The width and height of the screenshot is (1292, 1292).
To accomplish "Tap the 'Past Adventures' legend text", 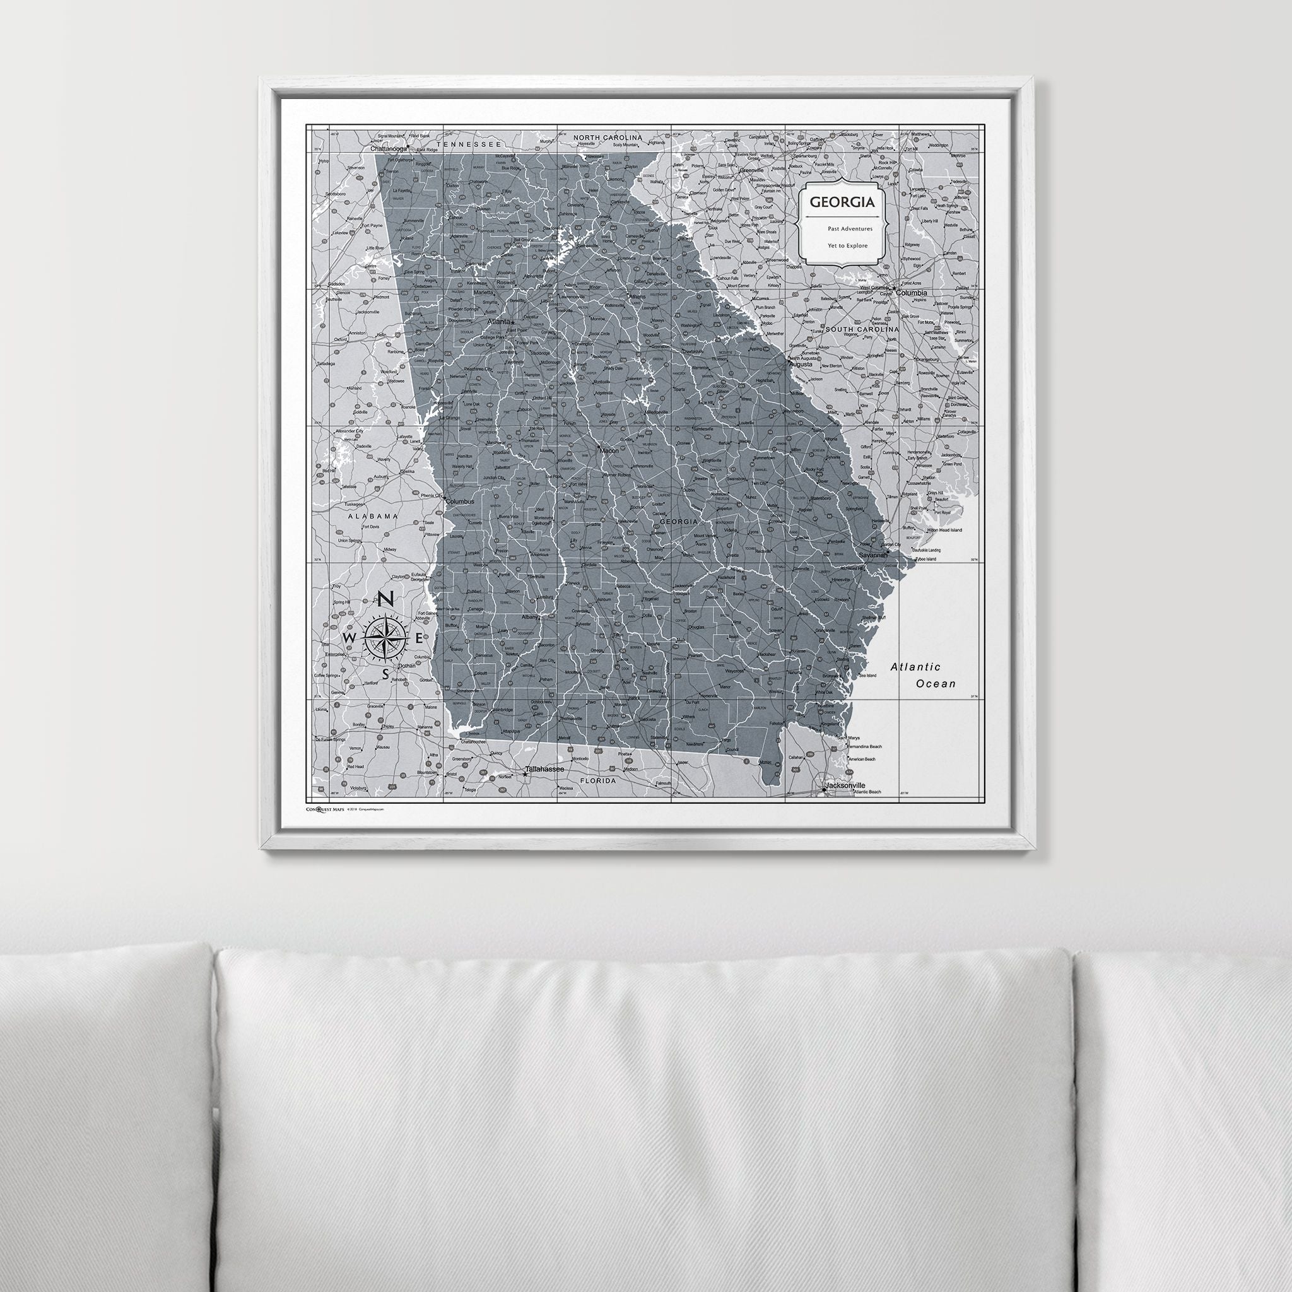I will coord(849,229).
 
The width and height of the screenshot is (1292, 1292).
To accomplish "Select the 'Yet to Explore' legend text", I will coord(847,245).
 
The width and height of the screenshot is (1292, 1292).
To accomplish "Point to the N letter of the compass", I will coord(386,600).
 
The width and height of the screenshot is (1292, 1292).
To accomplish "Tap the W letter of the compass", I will coord(348,638).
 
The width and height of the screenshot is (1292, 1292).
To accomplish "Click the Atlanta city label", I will coord(498,322).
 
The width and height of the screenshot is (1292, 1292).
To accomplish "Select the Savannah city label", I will coord(872,555).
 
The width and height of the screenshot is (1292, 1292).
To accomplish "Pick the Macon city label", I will coord(609,450).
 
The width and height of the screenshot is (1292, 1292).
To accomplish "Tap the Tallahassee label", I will coord(545,770).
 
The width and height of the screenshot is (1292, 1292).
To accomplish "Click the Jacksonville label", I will coord(845,785).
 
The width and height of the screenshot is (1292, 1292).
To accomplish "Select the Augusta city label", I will coord(801,365).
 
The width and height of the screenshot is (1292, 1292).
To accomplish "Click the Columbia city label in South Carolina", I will coord(912,293).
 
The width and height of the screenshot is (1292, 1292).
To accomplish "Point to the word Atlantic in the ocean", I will coord(915,667).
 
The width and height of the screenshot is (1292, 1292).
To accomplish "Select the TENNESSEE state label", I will coord(468,144).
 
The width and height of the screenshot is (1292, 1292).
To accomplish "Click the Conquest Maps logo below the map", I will coord(326,809).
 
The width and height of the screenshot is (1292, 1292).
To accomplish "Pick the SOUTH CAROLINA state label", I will coord(862,330).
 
